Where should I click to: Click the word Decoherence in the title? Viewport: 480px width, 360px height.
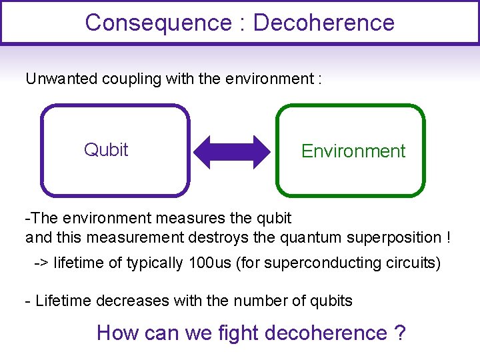324,23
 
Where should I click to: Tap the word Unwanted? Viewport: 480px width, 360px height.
61,79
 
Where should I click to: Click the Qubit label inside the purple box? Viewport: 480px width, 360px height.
106,149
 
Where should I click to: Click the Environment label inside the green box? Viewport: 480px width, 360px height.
353,151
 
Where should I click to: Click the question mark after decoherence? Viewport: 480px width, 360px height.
400,332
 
